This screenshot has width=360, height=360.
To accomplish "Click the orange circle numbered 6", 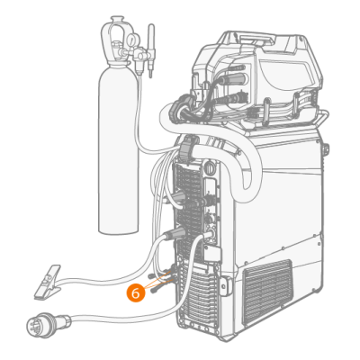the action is (136, 293).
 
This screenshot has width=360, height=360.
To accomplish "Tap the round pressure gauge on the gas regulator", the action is (131, 39).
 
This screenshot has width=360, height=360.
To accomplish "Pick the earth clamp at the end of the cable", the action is (48, 282).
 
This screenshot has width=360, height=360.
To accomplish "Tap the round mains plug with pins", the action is (42, 324).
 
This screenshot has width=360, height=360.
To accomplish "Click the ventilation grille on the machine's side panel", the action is (267, 292).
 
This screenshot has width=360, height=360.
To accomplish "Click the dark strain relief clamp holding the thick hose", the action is (186, 148).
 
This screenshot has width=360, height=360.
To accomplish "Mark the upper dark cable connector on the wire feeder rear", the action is (231, 78).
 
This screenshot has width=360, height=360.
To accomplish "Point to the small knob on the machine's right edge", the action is (326, 149).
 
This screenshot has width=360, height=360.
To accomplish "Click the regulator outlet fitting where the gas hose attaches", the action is (139, 67).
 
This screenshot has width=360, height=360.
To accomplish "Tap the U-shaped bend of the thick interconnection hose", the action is (246, 168).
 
